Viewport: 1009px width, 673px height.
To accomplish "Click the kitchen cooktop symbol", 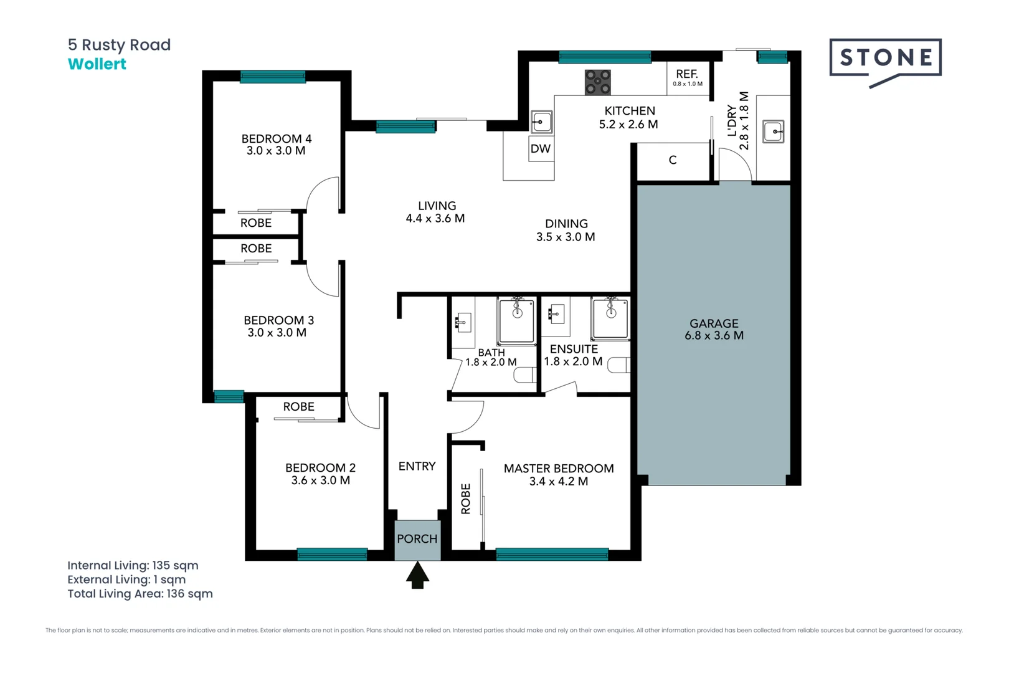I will (597, 82).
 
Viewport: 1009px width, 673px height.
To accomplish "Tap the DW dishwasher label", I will (540, 149).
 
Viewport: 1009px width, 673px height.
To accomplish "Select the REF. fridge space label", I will (687, 75).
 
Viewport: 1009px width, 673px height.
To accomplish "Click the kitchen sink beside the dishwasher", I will (541, 122).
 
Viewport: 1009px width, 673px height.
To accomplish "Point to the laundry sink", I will (773, 131).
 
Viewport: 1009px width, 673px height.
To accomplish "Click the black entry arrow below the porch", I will (417, 575).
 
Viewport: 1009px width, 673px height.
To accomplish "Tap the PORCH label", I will (417, 539).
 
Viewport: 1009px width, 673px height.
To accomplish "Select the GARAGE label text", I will (714, 323).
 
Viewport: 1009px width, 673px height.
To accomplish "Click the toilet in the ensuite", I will (618, 365).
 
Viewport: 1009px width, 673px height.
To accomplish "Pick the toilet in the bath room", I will (524, 375).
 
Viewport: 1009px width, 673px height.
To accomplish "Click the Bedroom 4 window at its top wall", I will (273, 77).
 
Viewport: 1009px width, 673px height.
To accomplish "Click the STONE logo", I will (885, 59).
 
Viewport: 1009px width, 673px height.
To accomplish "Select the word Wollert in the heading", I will (97, 64).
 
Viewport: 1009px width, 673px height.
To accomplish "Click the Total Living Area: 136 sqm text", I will (140, 594).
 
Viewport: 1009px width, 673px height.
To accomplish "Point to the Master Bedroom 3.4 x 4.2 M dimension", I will (558, 481).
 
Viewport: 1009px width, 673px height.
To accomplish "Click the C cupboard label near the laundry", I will (672, 160).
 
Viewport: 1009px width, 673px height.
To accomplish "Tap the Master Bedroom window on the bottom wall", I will (551, 554).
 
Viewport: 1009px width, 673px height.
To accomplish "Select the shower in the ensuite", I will (610, 318).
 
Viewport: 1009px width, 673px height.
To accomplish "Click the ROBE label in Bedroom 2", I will (298, 407).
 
